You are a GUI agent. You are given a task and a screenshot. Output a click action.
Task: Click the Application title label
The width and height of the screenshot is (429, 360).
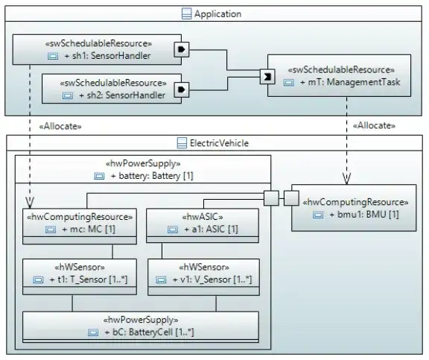pyautogui.click(x=217, y=13)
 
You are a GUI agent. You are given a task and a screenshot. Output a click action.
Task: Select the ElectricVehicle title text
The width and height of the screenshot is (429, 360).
pyautogui.click(x=219, y=143)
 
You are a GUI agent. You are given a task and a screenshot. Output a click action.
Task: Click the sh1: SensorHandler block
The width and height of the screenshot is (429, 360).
pyautogui.click(x=97, y=49)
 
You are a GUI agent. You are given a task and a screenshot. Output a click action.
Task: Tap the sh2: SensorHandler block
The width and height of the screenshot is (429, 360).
pyautogui.click(x=112, y=89)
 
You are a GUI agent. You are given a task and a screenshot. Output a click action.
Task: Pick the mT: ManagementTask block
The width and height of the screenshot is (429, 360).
pyautogui.click(x=339, y=75)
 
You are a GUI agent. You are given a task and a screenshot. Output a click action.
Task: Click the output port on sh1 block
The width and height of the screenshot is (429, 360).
pyautogui.click(x=182, y=49)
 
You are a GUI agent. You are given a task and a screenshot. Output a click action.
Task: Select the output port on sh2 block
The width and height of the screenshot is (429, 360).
pyautogui.click(x=182, y=89)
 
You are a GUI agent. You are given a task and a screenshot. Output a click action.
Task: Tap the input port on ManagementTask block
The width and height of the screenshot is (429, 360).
pyautogui.click(x=267, y=77)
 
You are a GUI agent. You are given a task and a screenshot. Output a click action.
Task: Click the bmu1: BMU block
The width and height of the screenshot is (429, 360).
pyautogui.click(x=354, y=208)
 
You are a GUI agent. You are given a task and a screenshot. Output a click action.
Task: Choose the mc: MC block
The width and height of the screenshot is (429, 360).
pyautogui.click(x=80, y=227)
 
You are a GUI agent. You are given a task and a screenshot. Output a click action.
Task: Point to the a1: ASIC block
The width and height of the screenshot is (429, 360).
pyautogui.click(x=203, y=226)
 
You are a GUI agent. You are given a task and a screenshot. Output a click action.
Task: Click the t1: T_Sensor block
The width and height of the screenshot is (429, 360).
pyautogui.click(x=80, y=277)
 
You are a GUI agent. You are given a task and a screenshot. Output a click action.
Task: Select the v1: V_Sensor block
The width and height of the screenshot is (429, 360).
pyautogui.click(x=203, y=277)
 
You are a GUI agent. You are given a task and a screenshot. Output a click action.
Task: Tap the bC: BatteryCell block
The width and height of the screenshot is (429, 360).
pyautogui.click(x=141, y=327)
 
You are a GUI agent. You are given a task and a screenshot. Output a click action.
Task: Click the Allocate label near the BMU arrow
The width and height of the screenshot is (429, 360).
pyautogui.click(x=374, y=126)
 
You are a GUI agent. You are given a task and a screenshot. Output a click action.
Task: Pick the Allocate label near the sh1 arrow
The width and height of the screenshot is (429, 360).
pyautogui.click(x=60, y=126)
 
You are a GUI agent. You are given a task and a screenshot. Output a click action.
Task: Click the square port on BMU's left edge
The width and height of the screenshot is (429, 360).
pyautogui.click(x=291, y=198)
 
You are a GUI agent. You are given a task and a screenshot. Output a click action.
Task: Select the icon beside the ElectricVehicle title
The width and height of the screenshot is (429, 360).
pyautogui.click(x=182, y=143)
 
